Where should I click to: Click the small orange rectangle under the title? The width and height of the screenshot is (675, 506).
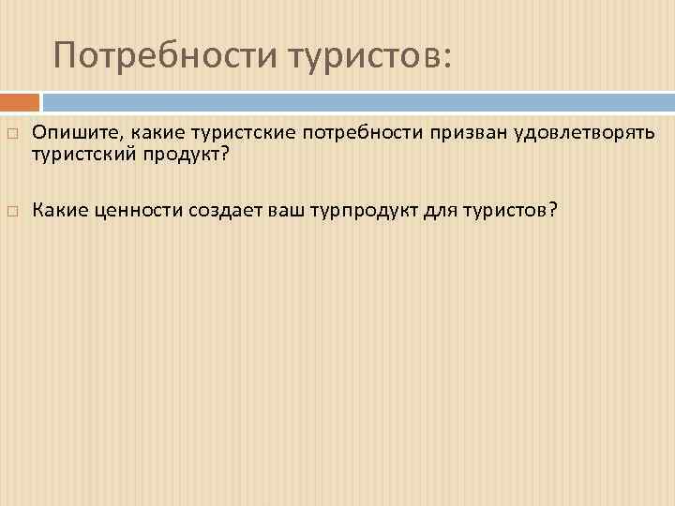(x=20, y=101)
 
